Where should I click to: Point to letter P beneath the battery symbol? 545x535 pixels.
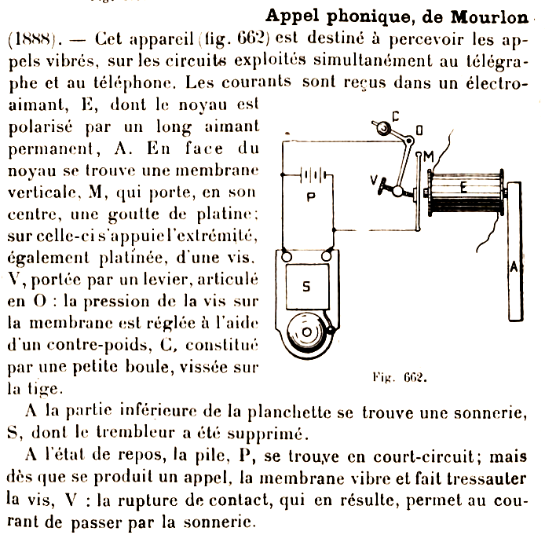pyautogui.click(x=311, y=196)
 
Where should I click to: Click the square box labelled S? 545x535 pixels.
pyautogui.click(x=306, y=286)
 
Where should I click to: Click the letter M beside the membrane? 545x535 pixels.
pyautogui.click(x=430, y=156)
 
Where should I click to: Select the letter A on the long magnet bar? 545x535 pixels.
pyautogui.click(x=514, y=266)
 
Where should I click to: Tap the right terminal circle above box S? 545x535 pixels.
pyautogui.click(x=330, y=255)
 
